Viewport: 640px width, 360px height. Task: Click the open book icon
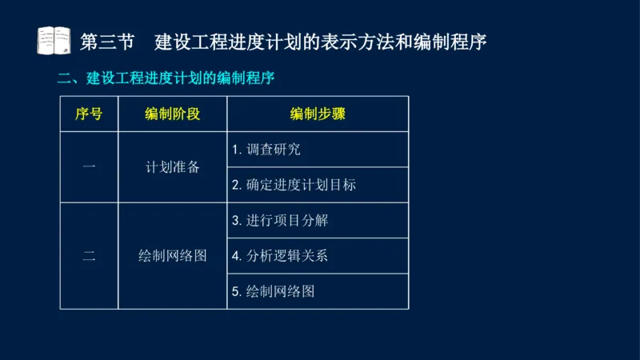pyautogui.click(x=54, y=39)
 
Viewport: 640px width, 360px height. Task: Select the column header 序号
pyautogui.click(x=89, y=114)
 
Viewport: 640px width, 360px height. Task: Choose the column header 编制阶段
pyautogui.click(x=172, y=114)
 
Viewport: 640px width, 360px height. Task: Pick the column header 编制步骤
pyautogui.click(x=317, y=114)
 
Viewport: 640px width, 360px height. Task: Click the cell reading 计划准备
pyautogui.click(x=172, y=167)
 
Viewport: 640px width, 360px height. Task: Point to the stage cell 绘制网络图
pyautogui.click(x=172, y=256)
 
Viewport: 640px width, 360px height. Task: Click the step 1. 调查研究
pyautogui.click(x=266, y=150)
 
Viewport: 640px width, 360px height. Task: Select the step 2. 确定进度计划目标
pyautogui.click(x=294, y=185)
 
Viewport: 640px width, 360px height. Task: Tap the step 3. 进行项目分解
pyautogui.click(x=280, y=220)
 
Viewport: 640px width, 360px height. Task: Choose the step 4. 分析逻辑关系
pyautogui.click(x=280, y=256)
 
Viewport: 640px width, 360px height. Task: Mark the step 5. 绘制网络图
pyautogui.click(x=274, y=291)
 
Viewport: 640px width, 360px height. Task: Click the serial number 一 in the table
pyautogui.click(x=89, y=167)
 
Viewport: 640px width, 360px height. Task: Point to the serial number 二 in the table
pyautogui.click(x=89, y=256)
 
